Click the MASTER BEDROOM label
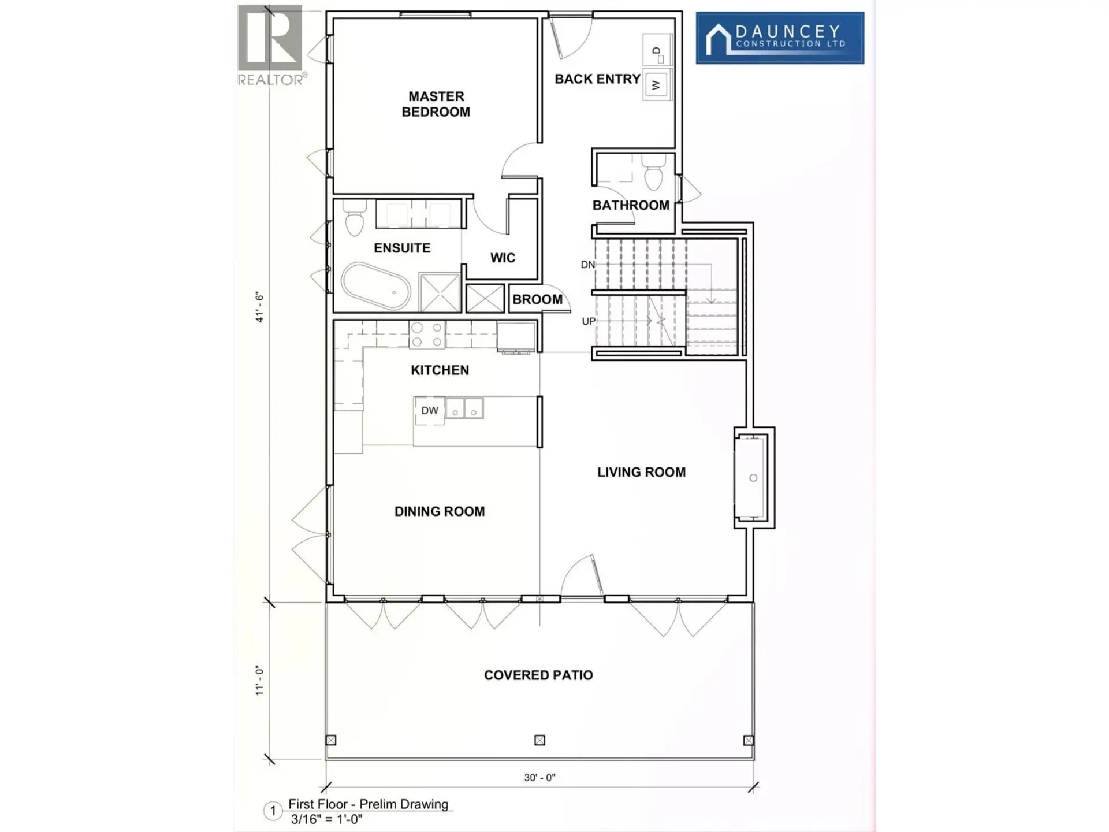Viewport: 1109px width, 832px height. [x=436, y=104]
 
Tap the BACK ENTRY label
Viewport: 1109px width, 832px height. [x=597, y=79]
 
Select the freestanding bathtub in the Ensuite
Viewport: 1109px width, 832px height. [x=376, y=286]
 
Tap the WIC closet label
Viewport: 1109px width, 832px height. [x=503, y=258]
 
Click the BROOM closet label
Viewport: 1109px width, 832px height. [x=537, y=299]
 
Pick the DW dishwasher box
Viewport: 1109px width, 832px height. [x=429, y=411]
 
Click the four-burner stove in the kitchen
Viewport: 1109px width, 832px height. [x=427, y=335]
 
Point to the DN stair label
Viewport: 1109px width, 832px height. [x=587, y=265]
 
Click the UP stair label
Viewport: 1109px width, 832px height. [x=588, y=321]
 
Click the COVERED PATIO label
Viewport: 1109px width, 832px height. [x=538, y=675]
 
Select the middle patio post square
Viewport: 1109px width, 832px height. [x=539, y=740]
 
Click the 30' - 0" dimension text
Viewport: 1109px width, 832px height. [x=539, y=778]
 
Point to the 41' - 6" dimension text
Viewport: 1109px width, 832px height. [x=260, y=308]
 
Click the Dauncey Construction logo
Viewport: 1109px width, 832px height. [x=780, y=38]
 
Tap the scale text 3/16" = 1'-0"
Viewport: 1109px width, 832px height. [x=326, y=819]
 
